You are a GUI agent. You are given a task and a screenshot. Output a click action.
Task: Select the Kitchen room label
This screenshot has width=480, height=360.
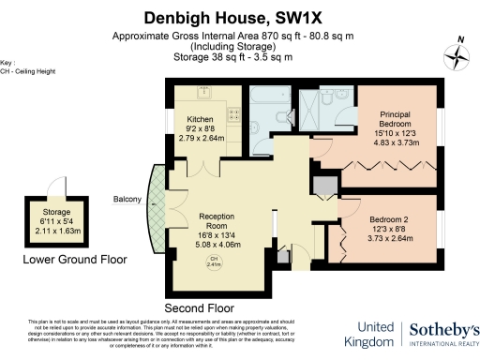[x=202, y=120]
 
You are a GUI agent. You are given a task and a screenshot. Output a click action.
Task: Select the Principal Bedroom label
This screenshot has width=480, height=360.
[x=395, y=117]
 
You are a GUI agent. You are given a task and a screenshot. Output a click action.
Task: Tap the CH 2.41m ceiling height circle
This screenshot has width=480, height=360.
[x=215, y=262]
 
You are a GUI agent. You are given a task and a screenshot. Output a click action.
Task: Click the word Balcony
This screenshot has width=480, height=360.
[x=128, y=199]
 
